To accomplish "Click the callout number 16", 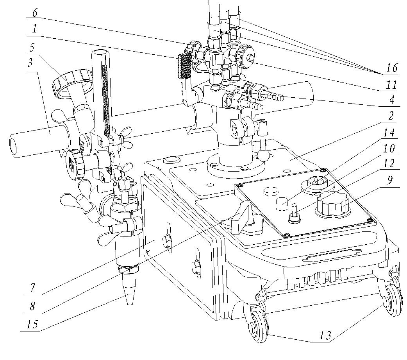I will click(392, 67).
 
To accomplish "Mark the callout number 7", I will click(34, 289).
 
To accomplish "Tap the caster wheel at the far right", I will click(391, 298).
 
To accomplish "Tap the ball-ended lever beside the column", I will click(261, 155).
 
